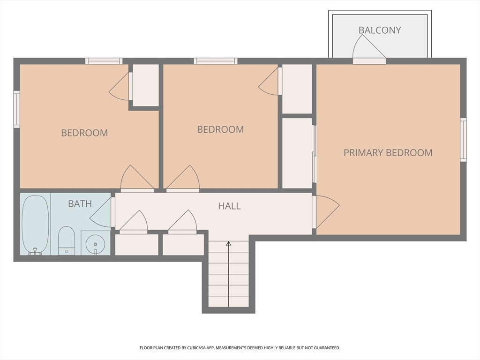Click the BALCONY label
tap(380, 30)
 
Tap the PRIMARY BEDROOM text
tap(388, 152)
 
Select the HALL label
tap(229, 206)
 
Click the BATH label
tap(80, 203)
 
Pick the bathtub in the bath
tap(35, 225)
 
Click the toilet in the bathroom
tap(66, 240)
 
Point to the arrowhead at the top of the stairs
tap(229, 243)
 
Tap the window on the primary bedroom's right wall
tap(463, 140)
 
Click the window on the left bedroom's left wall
tap(17, 109)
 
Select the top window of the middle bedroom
tap(216, 61)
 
